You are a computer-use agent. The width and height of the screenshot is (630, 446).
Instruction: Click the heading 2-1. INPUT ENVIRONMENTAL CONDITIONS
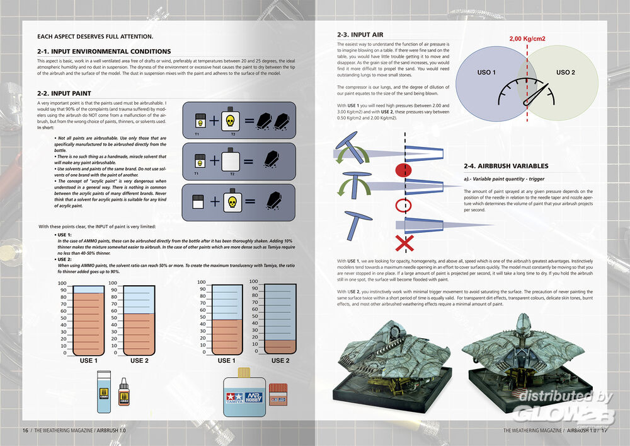coord(104,51)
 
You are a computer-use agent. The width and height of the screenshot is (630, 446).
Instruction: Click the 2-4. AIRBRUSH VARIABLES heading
coord(506,166)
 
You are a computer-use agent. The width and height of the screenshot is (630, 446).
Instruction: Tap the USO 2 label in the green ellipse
coord(566,73)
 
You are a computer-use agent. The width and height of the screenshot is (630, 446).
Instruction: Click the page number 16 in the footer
coord(25,431)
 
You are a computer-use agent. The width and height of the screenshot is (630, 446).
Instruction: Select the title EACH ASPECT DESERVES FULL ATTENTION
coord(95,37)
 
